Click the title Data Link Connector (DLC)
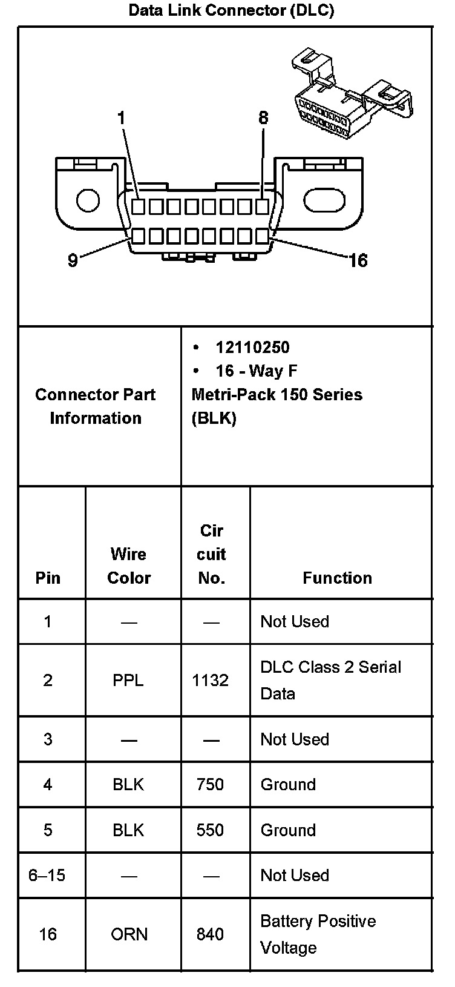pyautogui.click(x=231, y=11)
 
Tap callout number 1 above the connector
pyautogui.click(x=122, y=118)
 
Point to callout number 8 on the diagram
pyautogui.click(x=263, y=118)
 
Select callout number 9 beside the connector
pyautogui.click(x=73, y=260)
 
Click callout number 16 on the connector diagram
pyautogui.click(x=358, y=260)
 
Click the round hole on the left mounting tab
pyautogui.click(x=88, y=200)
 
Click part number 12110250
pyautogui.click(x=252, y=348)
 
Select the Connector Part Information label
pyautogui.click(x=96, y=406)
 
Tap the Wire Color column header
pyautogui.click(x=129, y=566)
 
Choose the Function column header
pyautogui.click(x=337, y=578)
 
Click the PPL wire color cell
pyautogui.click(x=128, y=681)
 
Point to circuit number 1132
pyautogui.click(x=211, y=681)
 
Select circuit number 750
pyautogui.click(x=211, y=785)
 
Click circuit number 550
pyautogui.click(x=211, y=830)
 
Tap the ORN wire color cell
pyautogui.click(x=129, y=934)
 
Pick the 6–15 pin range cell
pyautogui.click(x=47, y=876)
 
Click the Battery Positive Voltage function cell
pyautogui.click(x=318, y=934)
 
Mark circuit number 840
pyautogui.click(x=211, y=934)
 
